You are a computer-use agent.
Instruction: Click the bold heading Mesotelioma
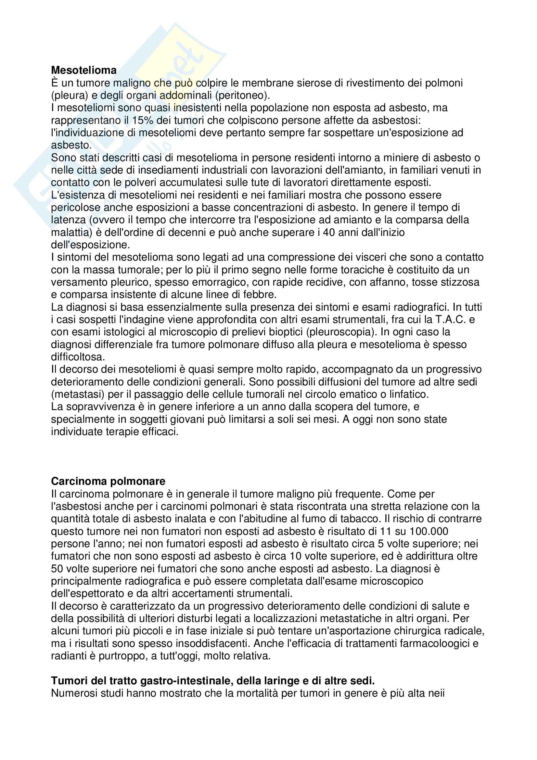point(84,70)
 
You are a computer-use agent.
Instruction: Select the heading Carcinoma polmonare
point(108,481)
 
